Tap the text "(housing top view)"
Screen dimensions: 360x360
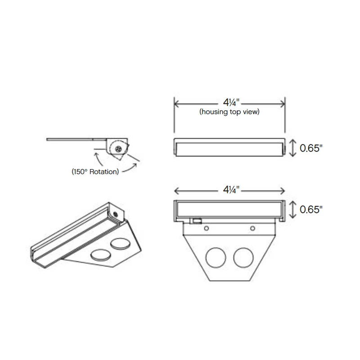coord(229,111)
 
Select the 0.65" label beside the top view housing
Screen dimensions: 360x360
coord(312,148)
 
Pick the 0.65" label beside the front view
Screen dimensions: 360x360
coord(312,209)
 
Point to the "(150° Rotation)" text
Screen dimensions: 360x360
coord(95,171)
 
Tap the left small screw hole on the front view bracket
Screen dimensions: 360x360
coord(207,228)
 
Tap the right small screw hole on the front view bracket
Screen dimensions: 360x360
coord(253,228)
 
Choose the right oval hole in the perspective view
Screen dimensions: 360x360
coord(120,245)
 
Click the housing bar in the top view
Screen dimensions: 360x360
coord(229,147)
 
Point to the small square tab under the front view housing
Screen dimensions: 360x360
coord(197,220)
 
